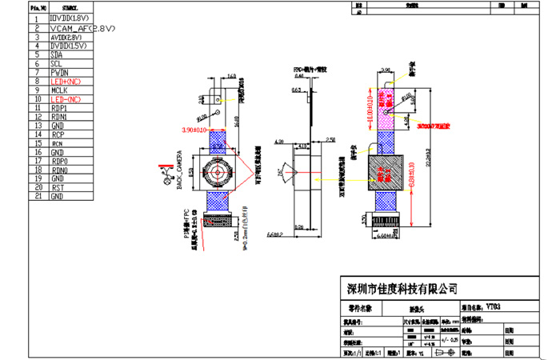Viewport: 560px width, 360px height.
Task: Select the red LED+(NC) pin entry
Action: click(65, 82)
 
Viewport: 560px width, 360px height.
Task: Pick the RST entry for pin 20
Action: click(57, 187)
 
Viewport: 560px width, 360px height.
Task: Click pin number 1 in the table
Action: click(37, 18)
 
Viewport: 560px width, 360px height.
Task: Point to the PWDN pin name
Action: click(60, 73)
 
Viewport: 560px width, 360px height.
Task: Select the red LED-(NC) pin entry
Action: click(65, 99)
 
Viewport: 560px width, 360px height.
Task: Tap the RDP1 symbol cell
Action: click(58, 108)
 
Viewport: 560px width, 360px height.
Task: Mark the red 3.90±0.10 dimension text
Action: click(194, 129)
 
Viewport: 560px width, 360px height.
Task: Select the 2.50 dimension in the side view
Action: click(330, 140)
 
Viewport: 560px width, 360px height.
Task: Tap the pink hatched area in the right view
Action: click(387, 108)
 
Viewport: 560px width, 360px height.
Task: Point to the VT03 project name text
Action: click(492, 306)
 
